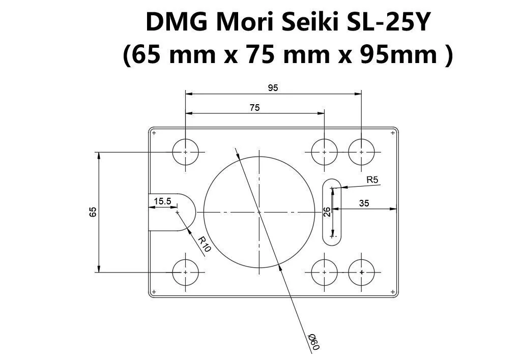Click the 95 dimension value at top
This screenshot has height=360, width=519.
(273, 88)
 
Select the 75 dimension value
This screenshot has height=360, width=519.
(255, 107)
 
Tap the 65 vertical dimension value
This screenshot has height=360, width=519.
(93, 212)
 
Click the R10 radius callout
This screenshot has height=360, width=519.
(204, 245)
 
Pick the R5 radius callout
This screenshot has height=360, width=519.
(372, 179)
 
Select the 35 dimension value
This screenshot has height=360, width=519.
(363, 203)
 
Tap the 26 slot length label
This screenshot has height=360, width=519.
(327, 212)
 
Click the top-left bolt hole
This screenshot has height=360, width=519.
(186, 152)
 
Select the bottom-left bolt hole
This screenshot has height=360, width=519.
(186, 273)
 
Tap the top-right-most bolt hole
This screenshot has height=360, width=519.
(361, 152)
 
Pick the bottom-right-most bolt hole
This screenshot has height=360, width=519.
(361, 273)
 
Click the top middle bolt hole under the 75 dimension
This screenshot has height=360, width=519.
(324, 152)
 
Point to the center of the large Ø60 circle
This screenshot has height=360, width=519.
(258, 212)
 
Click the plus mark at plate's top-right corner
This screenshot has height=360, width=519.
(393, 133)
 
